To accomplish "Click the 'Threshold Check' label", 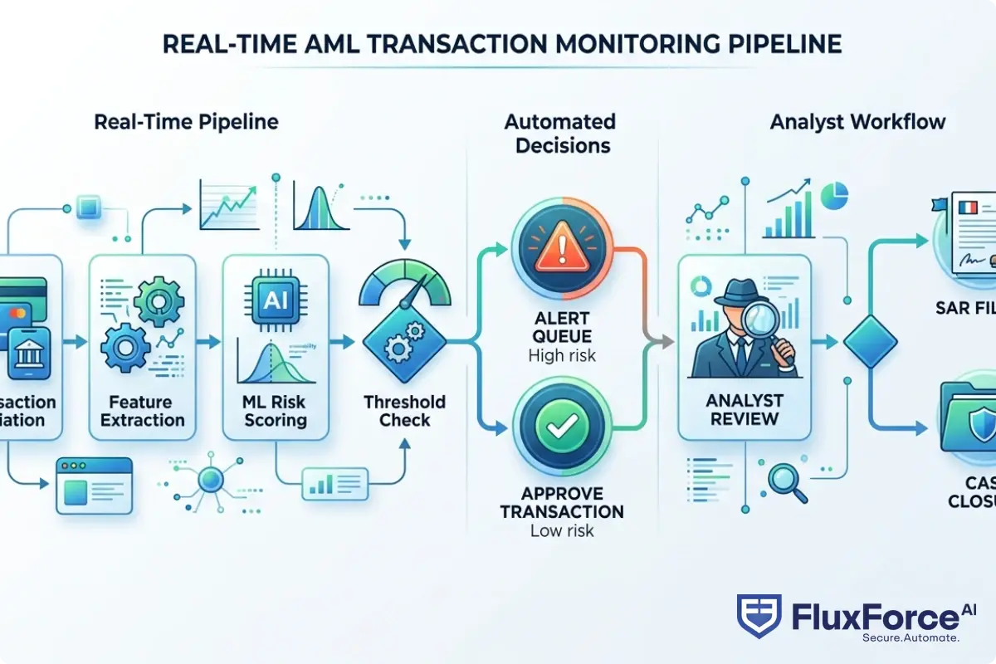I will click(404, 411).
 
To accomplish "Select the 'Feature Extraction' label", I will click(142, 411).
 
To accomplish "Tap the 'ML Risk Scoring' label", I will click(276, 411).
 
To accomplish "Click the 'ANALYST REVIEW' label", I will click(744, 409).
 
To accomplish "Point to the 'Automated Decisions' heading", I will click(560, 134).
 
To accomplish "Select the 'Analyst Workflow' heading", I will click(857, 122).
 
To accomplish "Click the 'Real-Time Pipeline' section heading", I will click(186, 122).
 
